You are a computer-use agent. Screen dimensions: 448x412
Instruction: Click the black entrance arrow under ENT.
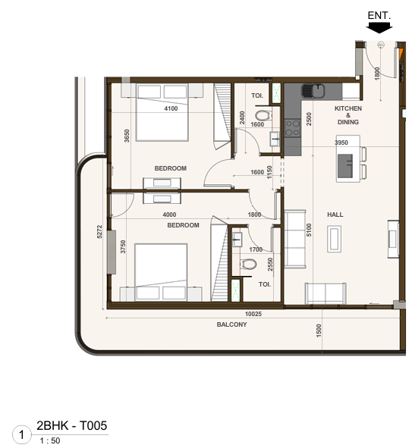(x=378, y=27)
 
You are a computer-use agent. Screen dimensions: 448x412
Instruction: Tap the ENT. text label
(x=378, y=14)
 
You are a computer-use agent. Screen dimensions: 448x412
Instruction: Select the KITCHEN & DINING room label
(x=348, y=115)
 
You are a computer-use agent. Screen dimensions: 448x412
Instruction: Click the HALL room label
(x=335, y=215)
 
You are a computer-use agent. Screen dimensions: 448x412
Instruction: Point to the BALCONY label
(x=231, y=324)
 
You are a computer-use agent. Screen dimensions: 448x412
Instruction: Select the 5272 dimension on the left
(x=99, y=231)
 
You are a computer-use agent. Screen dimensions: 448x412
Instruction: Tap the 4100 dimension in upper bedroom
(x=171, y=108)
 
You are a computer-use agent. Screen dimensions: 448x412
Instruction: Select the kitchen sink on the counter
(x=312, y=92)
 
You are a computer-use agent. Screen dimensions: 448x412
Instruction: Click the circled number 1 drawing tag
(x=23, y=435)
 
